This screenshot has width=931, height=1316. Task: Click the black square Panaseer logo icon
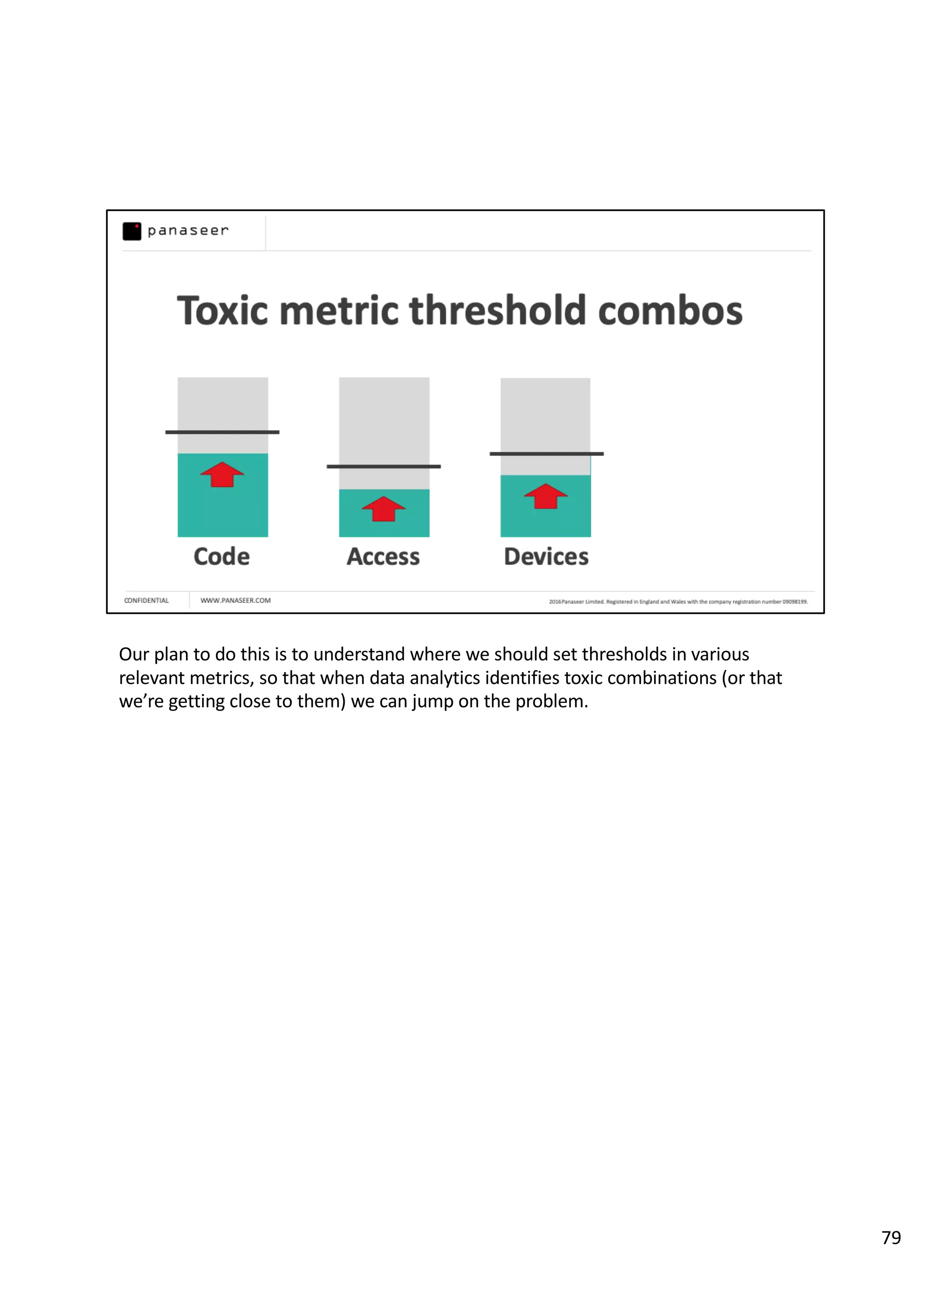tap(132, 231)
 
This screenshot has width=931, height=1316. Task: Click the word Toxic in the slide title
tap(222, 311)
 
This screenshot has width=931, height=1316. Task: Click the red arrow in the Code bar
tap(222, 475)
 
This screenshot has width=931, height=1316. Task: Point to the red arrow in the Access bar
tap(383, 509)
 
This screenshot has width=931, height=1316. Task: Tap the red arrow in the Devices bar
tap(546, 496)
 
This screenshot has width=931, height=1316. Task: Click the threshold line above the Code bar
tap(222, 432)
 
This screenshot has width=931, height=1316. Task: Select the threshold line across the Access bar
tap(383, 466)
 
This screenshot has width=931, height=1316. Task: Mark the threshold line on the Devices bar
tap(546, 454)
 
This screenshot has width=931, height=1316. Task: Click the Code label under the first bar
tap(221, 557)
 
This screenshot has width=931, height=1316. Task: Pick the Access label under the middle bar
tap(383, 557)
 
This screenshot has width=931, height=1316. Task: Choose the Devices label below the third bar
tap(546, 557)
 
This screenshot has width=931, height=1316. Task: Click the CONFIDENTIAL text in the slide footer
tap(146, 601)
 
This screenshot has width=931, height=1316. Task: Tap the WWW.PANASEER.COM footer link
tap(235, 601)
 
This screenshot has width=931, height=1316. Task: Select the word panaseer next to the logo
tap(188, 231)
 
